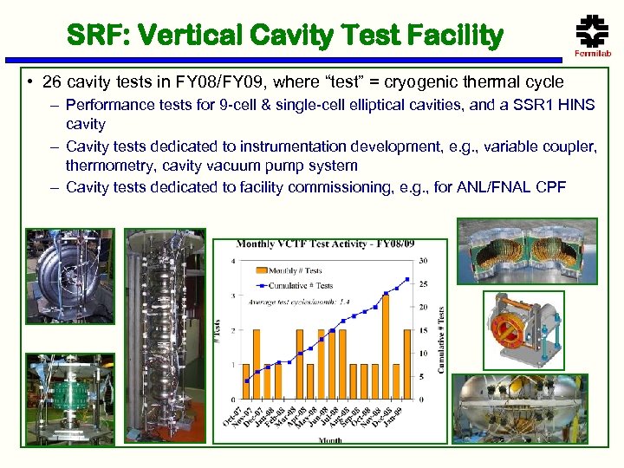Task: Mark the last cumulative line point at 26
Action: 407,279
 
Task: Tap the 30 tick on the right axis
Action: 422,261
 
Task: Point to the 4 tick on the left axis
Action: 233,261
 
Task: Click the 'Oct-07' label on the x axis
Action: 238,415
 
